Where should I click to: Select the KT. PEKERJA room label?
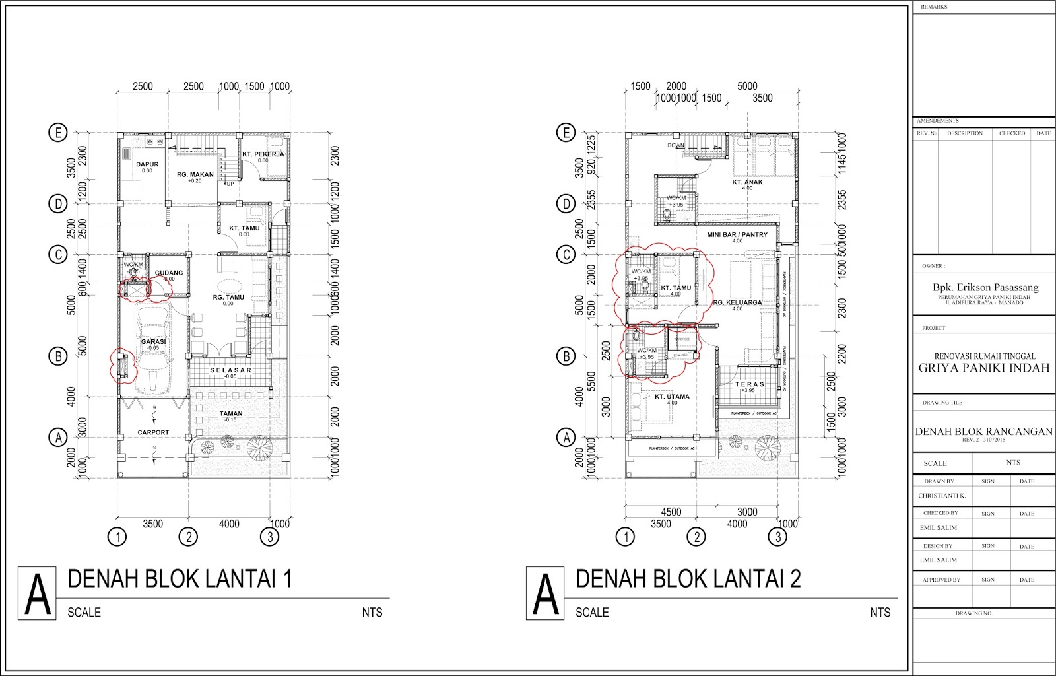pyautogui.click(x=263, y=154)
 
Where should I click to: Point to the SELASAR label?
pyautogui.click(x=230, y=370)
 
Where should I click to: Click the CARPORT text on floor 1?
pyautogui.click(x=153, y=432)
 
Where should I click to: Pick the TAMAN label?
pyautogui.click(x=231, y=414)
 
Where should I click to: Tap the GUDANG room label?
pyautogui.click(x=168, y=273)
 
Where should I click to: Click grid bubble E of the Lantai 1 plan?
pyautogui.click(x=59, y=133)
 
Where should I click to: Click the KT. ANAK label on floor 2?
pyautogui.click(x=747, y=182)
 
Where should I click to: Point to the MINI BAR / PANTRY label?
pyautogui.click(x=737, y=235)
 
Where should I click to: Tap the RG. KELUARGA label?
pyautogui.click(x=737, y=302)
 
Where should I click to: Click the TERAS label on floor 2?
pyautogui.click(x=750, y=384)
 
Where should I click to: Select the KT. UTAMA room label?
pyautogui.click(x=672, y=397)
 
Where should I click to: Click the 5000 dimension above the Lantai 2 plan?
pyautogui.click(x=746, y=86)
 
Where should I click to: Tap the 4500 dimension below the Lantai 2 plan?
pyautogui.click(x=671, y=512)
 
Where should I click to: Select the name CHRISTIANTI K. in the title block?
pyautogui.click(x=942, y=496)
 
